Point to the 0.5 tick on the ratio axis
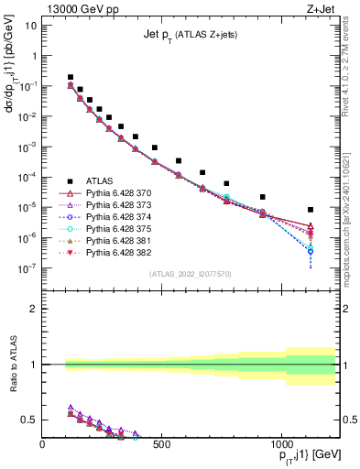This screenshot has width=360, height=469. [x=30, y=420]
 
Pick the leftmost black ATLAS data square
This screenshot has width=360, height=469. [x=71, y=78]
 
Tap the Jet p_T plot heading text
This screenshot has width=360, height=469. [x=189, y=34]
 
